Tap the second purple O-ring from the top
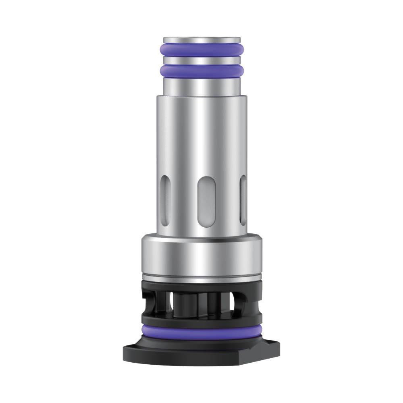(201, 71)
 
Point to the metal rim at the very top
(201, 40)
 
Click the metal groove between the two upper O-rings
(201, 60)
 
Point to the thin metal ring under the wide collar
(201, 278)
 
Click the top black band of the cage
(201, 287)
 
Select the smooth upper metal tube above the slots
(201, 133)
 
